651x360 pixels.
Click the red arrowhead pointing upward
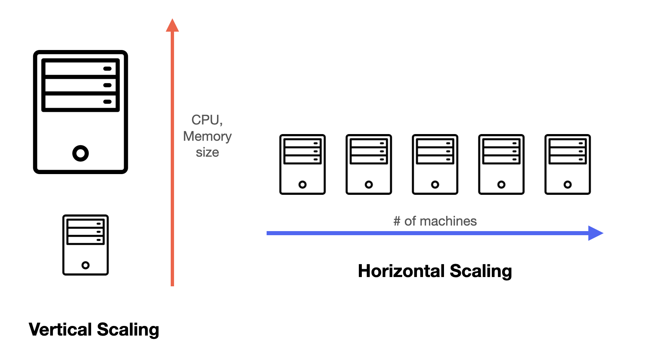(x=172, y=26)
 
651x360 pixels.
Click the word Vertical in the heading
(x=60, y=329)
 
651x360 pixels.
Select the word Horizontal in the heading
(x=401, y=271)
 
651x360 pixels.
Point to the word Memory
(x=207, y=136)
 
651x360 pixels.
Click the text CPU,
(x=207, y=120)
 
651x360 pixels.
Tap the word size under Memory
(x=207, y=152)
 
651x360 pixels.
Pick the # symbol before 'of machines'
(x=397, y=221)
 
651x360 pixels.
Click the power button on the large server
(x=80, y=153)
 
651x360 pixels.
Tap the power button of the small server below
(x=86, y=265)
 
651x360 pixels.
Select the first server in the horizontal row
(x=303, y=164)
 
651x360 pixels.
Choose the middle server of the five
(x=435, y=164)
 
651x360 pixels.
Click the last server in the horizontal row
(x=568, y=164)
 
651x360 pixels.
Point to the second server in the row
(x=369, y=164)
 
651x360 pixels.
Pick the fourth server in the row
(x=501, y=164)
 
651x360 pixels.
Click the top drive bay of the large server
(x=80, y=69)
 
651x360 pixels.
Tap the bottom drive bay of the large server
(x=80, y=101)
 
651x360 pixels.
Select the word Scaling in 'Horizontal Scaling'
(x=481, y=271)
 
